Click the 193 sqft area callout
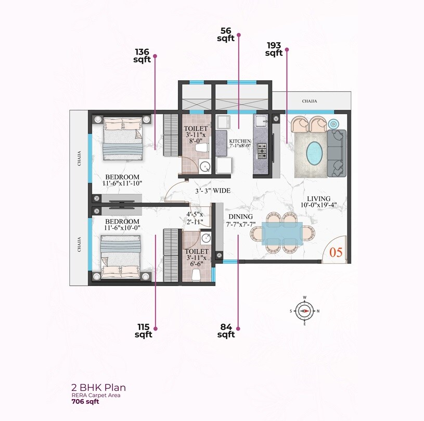point(274,49)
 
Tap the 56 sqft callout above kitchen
point(226,34)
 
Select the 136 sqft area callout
point(142,56)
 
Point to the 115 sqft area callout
point(143,331)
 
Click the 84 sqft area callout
point(226,331)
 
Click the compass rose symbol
point(304,311)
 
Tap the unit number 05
point(336,253)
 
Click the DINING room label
point(240,217)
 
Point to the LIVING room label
point(318,199)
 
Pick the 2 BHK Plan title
point(98,388)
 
